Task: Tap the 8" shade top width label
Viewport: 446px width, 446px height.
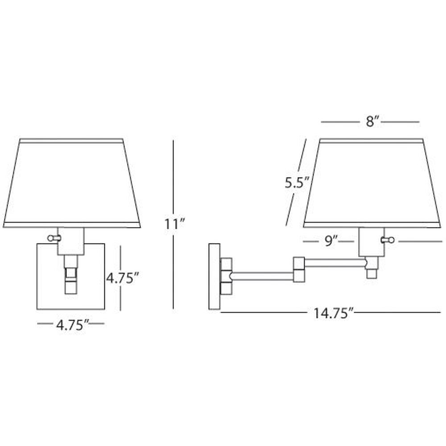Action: (373, 122)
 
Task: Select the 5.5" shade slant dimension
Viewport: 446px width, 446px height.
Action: (297, 182)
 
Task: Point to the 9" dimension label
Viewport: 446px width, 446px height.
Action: (331, 241)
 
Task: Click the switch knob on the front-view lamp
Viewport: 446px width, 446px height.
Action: (53, 238)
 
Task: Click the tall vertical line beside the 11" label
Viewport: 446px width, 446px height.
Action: (173, 224)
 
